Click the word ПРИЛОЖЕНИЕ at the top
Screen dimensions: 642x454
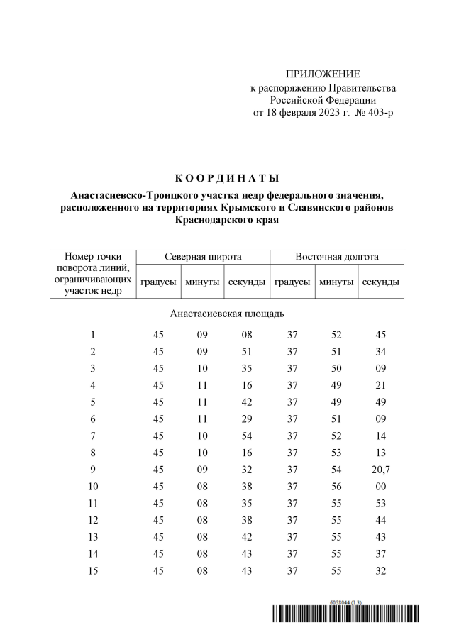click(323, 74)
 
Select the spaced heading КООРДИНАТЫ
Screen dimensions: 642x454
click(227, 177)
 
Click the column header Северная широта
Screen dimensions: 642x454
click(203, 257)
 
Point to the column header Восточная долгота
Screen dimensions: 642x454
click(337, 257)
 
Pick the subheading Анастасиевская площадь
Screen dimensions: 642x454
click(228, 313)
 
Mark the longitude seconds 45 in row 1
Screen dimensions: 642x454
click(380, 335)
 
